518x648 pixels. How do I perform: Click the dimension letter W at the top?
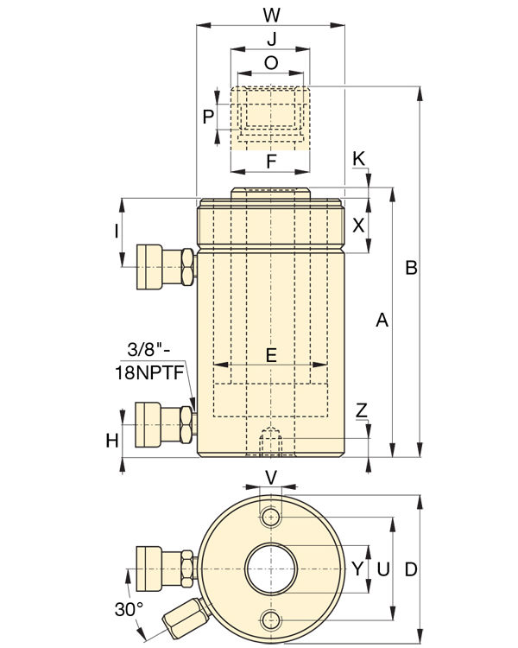[x=270, y=14]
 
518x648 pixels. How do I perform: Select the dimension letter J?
[x=271, y=40]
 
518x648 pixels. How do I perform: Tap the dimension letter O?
[x=271, y=63]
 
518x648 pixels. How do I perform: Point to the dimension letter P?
[x=208, y=117]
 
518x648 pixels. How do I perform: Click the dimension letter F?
[x=271, y=162]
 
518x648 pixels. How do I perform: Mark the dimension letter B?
[x=412, y=269]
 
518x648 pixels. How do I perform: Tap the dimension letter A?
[x=382, y=321]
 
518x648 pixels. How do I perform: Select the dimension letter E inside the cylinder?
[x=271, y=354]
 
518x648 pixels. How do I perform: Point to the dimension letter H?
[x=112, y=441]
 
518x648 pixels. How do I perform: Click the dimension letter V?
[x=271, y=477]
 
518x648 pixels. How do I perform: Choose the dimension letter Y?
[x=357, y=569]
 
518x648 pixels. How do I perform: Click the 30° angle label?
[x=129, y=609]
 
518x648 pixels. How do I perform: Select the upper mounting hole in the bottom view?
[x=273, y=518]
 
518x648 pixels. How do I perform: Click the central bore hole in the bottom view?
[x=271, y=569]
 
